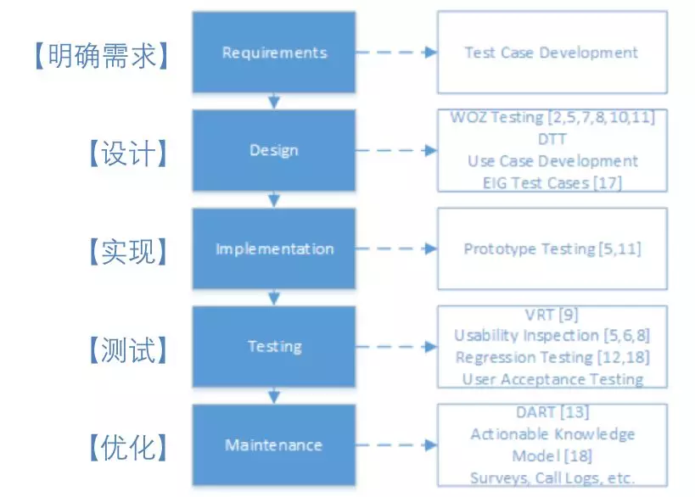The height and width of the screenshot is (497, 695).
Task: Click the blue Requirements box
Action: [x=274, y=53]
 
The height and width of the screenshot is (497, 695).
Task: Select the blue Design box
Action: [x=274, y=150]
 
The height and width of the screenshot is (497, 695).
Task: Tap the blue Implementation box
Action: [x=274, y=248]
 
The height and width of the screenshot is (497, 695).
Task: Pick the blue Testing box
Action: [x=274, y=346]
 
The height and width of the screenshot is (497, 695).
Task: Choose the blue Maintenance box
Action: [x=274, y=444]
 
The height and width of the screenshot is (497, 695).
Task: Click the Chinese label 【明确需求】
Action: [x=102, y=56]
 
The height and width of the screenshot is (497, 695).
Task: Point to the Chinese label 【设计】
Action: [x=128, y=154]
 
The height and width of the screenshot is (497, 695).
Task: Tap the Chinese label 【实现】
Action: [x=128, y=252]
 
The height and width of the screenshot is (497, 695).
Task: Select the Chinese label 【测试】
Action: [x=128, y=350]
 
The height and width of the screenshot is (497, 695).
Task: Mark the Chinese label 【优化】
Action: [x=128, y=448]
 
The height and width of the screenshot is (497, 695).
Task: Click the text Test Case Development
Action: [x=552, y=53]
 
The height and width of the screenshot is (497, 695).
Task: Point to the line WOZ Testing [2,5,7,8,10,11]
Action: [x=552, y=117]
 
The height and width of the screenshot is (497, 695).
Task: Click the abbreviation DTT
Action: [x=552, y=139]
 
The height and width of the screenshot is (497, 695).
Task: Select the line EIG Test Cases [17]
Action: [x=552, y=183]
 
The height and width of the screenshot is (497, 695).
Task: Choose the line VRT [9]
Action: [x=552, y=315]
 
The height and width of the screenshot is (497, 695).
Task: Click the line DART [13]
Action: [x=552, y=412]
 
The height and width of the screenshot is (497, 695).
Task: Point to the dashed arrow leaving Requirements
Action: [x=396, y=53]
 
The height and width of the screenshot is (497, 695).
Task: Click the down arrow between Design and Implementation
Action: [x=274, y=199]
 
